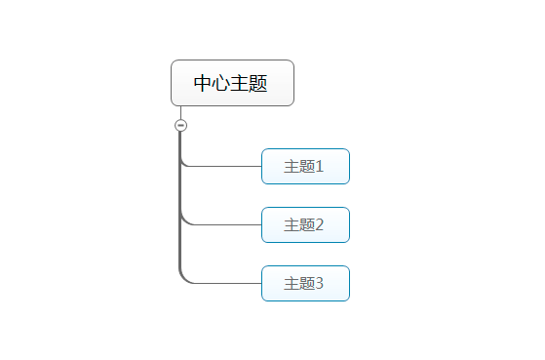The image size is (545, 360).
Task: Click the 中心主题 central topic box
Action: tap(232, 83)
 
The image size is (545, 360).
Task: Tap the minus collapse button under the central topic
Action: tap(180, 125)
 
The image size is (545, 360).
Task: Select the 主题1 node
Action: tap(305, 166)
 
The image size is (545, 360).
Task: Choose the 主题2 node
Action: tap(305, 224)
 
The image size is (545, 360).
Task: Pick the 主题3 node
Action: tap(305, 283)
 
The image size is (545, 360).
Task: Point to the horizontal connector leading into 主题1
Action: tap(224, 166)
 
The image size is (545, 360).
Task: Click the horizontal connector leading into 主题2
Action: tap(224, 224)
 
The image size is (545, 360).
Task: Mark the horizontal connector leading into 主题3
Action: tap(224, 283)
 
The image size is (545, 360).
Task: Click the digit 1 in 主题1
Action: tap(319, 167)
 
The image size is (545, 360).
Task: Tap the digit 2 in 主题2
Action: tap(319, 225)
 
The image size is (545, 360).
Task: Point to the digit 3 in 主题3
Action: tap(319, 284)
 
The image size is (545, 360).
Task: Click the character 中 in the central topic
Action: tap(203, 83)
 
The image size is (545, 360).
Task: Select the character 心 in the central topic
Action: tap(221, 83)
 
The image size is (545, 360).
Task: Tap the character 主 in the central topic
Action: tap(240, 83)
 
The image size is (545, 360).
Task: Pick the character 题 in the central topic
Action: tap(258, 83)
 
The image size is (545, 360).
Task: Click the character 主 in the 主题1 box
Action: tap(291, 167)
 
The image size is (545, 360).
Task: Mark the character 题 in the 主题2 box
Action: tap(306, 225)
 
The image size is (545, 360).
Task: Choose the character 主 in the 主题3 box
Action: tap(291, 284)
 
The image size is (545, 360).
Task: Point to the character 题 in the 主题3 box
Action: tap(306, 284)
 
